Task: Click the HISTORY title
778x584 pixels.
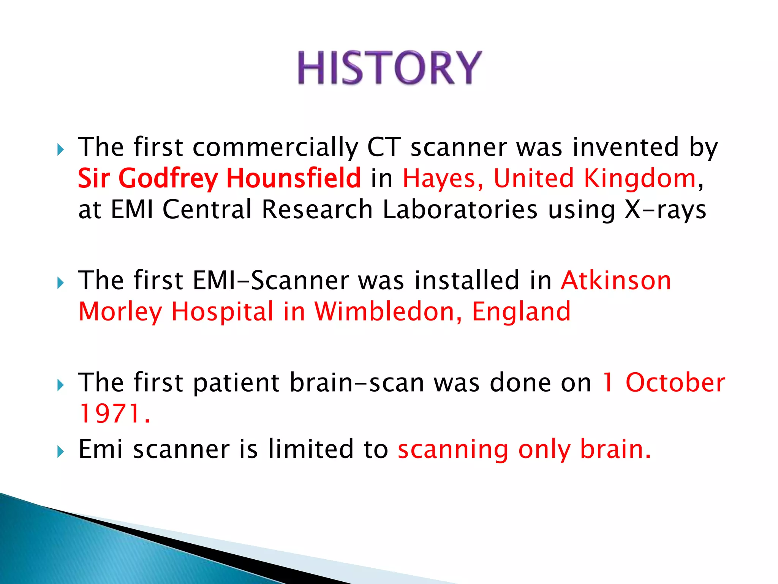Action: click(389, 68)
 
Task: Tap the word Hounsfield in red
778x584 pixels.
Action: click(293, 178)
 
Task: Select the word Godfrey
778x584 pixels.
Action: click(168, 179)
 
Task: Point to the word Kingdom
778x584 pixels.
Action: click(640, 179)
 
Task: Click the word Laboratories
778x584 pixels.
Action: click(460, 209)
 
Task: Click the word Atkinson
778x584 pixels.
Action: click(616, 281)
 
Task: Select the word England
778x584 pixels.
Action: click(521, 312)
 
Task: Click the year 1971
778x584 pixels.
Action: click(110, 414)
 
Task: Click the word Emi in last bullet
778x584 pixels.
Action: click(100, 449)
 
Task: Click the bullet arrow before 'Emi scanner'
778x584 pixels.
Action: click(60, 452)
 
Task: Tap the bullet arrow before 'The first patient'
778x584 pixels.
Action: click(60, 385)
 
